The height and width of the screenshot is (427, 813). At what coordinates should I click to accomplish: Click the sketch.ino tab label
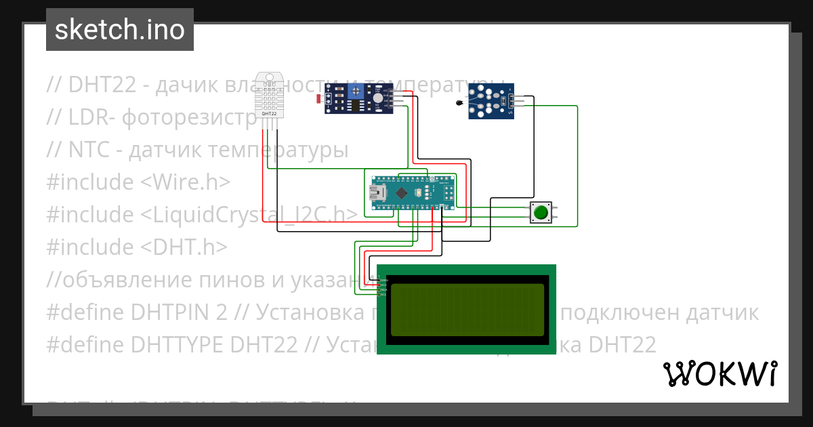pos(120,30)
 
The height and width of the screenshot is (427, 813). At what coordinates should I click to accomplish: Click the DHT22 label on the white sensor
pos(269,113)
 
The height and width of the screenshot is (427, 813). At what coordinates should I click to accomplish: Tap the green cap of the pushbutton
pos(540,213)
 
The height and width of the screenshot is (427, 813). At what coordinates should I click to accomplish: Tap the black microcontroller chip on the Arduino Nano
pos(401,193)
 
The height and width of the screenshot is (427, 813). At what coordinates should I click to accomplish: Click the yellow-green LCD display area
pos(467,310)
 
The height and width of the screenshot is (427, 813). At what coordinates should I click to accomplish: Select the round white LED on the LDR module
pos(377,98)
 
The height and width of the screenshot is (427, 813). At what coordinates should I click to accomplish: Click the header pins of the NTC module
pos(516,101)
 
